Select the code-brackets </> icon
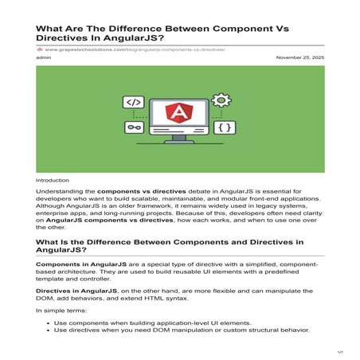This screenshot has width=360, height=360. (134, 102)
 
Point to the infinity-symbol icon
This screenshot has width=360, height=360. (134, 127)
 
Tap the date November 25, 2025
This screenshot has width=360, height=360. (299, 58)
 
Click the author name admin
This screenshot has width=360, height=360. (44, 58)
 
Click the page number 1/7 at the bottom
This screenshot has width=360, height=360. (339, 350)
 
